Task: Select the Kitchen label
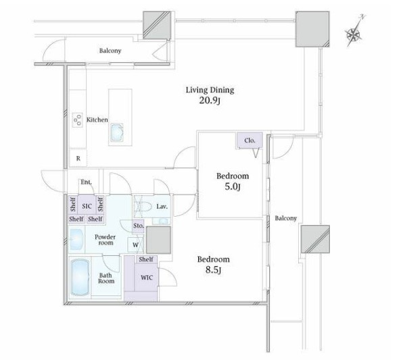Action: tap(97, 120)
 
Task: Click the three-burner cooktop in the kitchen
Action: tap(76, 120)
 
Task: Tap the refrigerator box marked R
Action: tap(78, 159)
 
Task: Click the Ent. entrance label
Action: tap(86, 182)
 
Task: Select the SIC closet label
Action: tap(87, 205)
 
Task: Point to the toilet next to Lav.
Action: tap(143, 205)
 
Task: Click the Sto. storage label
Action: tap(138, 226)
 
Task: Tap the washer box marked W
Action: tap(136, 244)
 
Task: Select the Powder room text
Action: tap(105, 240)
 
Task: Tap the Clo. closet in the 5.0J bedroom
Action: tap(249, 140)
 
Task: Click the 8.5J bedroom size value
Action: tap(213, 272)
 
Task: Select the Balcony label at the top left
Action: tap(110, 51)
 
